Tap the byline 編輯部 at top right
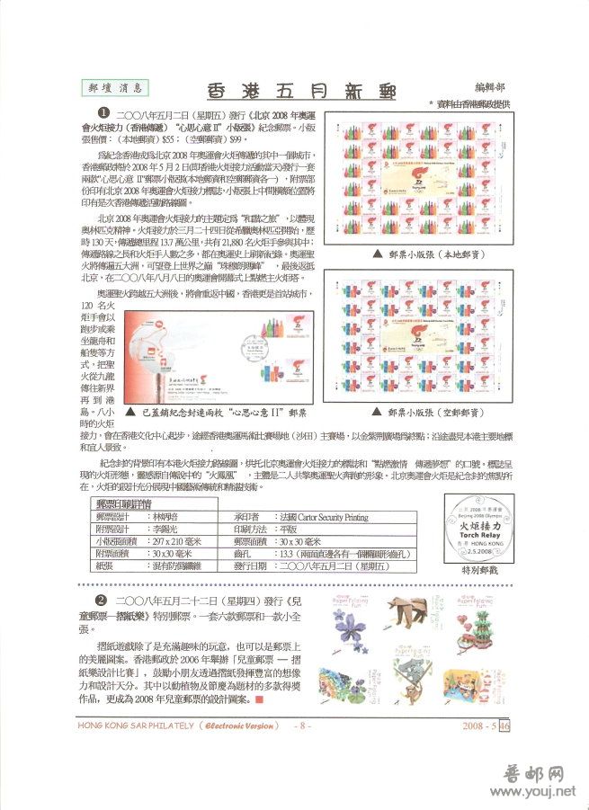pyautogui.click(x=489, y=88)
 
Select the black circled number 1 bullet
pyautogui.click(x=103, y=112)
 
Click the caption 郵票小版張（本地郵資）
pyautogui.click(x=418, y=254)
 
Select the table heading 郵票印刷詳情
pyautogui.click(x=123, y=505)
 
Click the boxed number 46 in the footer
pyautogui.click(x=504, y=725)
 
